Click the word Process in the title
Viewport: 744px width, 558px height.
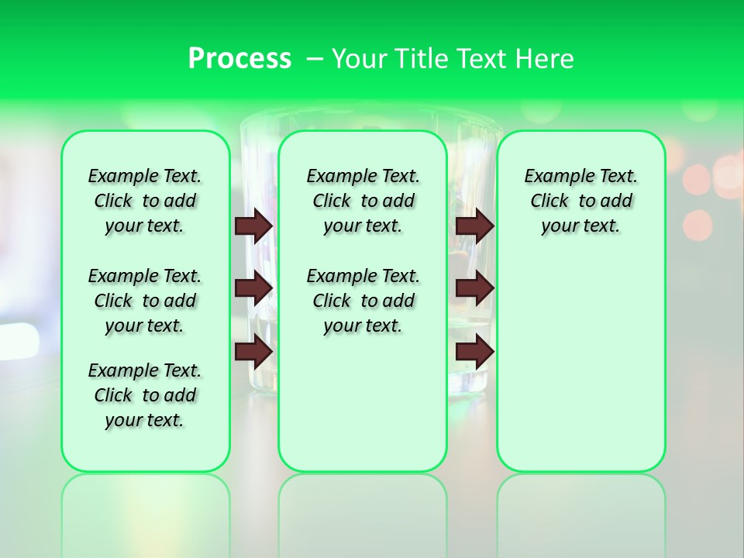(239, 59)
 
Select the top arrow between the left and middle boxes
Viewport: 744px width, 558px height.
(253, 226)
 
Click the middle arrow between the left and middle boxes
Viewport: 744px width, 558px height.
(253, 288)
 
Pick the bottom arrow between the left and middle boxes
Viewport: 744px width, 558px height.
(253, 352)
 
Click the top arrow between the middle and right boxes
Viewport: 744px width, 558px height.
(475, 226)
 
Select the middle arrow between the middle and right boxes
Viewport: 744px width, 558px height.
(475, 288)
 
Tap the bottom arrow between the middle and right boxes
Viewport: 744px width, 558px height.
(475, 352)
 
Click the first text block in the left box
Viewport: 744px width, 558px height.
(145, 201)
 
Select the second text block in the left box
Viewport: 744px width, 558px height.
(145, 301)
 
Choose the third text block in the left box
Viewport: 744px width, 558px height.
(145, 395)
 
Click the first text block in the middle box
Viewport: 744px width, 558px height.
(363, 201)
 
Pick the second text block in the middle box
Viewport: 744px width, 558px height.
(363, 301)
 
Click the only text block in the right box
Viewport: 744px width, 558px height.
(580, 201)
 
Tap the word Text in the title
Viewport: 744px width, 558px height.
(481, 59)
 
